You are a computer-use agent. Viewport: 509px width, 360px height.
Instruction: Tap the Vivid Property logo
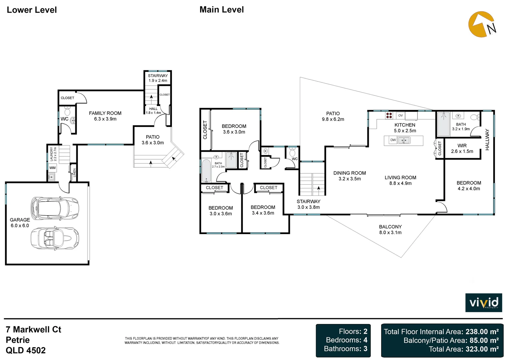483,303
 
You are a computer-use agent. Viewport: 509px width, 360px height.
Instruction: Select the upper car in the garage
55,207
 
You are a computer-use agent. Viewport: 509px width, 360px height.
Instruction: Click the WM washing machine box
52,168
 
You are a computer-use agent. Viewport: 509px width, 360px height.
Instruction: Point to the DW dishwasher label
393,140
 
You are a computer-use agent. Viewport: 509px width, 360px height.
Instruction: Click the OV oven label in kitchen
400,115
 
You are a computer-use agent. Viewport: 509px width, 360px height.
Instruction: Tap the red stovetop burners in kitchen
389,115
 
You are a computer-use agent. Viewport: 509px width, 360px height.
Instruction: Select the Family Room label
105,113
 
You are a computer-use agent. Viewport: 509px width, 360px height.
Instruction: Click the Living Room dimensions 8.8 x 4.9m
400,183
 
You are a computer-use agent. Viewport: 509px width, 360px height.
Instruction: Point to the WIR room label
462,146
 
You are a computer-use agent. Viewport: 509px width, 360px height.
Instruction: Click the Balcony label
390,227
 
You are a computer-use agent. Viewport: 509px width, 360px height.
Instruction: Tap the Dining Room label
349,173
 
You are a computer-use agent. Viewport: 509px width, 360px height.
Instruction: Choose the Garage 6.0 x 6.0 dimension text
20,226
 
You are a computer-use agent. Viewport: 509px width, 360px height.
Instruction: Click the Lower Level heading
32,10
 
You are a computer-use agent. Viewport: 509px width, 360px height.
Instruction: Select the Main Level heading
222,10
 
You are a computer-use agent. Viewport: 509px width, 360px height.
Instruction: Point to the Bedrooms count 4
365,340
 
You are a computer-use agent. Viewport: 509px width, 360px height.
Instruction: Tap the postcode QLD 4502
26,350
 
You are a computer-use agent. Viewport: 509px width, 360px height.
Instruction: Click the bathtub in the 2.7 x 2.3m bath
206,170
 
